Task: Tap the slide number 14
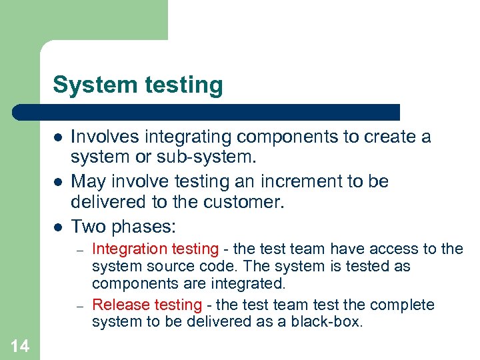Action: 20,345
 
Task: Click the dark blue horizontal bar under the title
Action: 207,112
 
